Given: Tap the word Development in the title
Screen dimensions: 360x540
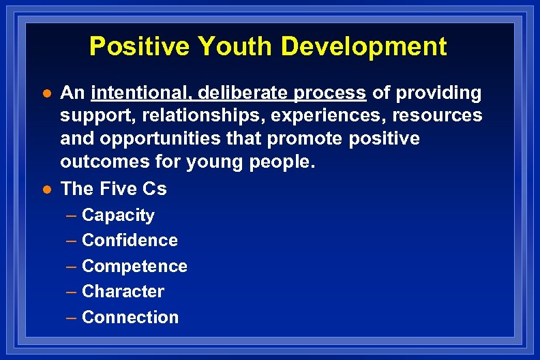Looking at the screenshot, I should click(x=365, y=46).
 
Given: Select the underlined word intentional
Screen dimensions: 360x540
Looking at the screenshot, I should click(x=139, y=93).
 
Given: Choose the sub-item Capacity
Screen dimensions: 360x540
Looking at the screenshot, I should click(x=118, y=215).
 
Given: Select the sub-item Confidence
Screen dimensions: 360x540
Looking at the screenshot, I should click(x=130, y=241).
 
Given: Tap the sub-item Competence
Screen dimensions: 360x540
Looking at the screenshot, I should click(x=134, y=266).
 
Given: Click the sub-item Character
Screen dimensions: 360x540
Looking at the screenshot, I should click(x=123, y=292).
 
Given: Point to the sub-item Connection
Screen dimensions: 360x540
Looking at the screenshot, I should click(x=130, y=317).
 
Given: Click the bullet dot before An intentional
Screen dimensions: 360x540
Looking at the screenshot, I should click(x=45, y=93).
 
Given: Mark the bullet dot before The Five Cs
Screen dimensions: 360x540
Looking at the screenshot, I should click(x=45, y=189).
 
